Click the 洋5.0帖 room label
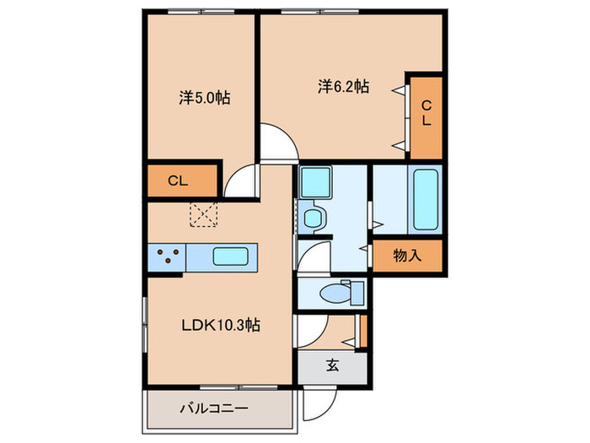[x=205, y=98]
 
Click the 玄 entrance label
[x=332, y=365]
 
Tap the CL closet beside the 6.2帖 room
[x=426, y=113]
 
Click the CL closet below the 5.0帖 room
[x=177, y=180]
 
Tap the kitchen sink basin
[x=230, y=257]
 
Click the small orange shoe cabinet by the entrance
[x=362, y=329]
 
